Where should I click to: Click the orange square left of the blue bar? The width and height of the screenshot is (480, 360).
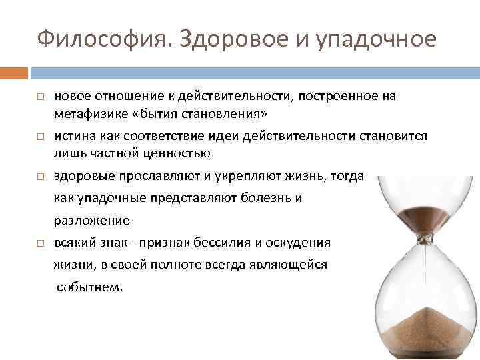coord(14,72)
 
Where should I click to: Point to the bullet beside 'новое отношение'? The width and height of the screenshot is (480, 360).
coord(40,97)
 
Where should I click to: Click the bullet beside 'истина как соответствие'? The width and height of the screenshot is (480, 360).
coord(40,137)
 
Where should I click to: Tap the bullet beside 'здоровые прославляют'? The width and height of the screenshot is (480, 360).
coord(40,177)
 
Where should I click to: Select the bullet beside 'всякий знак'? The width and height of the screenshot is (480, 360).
coord(40,243)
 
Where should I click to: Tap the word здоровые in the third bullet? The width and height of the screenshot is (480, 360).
coord(83,176)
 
